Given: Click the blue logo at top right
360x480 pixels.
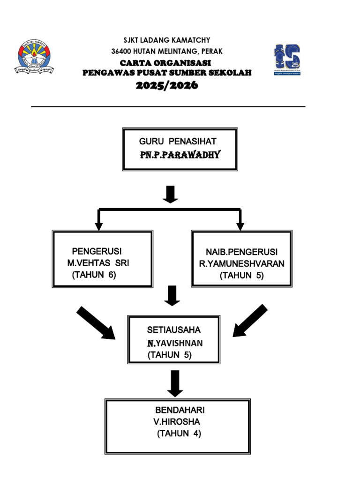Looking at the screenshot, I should click(x=287, y=59).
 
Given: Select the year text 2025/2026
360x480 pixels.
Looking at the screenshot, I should click(x=167, y=85).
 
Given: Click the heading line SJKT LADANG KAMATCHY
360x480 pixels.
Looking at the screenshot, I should click(x=167, y=40).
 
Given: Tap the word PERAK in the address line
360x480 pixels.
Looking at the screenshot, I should click(x=212, y=51).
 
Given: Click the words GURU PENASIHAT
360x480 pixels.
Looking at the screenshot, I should click(x=178, y=141).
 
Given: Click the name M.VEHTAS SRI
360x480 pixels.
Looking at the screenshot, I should click(x=98, y=263).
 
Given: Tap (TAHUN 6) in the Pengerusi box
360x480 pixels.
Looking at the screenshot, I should click(x=94, y=275).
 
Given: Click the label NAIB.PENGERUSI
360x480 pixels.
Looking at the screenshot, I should click(x=242, y=252).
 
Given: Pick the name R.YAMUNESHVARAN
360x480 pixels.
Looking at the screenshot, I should click(x=242, y=263).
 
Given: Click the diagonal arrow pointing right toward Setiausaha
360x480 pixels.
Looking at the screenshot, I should click(x=96, y=323).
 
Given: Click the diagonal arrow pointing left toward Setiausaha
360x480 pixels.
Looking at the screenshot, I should click(x=250, y=320).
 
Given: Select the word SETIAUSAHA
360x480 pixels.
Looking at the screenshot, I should click(x=171, y=330).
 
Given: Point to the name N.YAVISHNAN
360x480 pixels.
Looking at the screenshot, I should click(x=175, y=343).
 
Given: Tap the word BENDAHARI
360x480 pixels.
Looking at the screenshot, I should click(x=180, y=410).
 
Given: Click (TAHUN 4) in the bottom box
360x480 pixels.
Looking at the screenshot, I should click(x=179, y=434).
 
